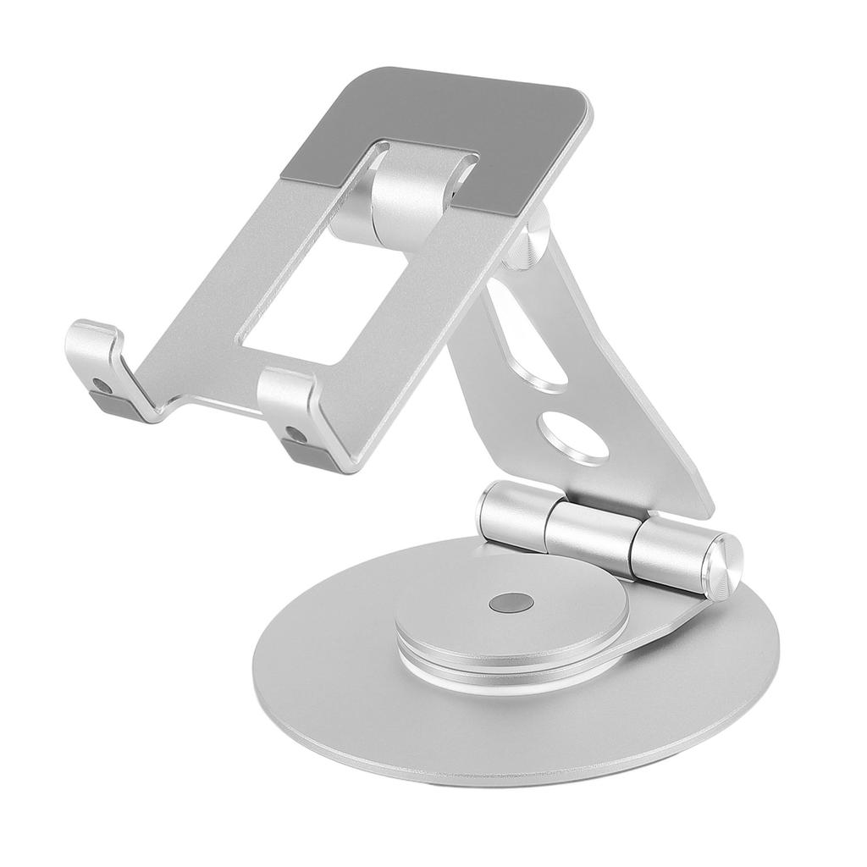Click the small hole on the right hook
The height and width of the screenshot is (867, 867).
(294, 433)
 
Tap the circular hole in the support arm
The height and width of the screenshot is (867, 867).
(575, 435)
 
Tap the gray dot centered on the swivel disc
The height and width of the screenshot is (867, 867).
(511, 603)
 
